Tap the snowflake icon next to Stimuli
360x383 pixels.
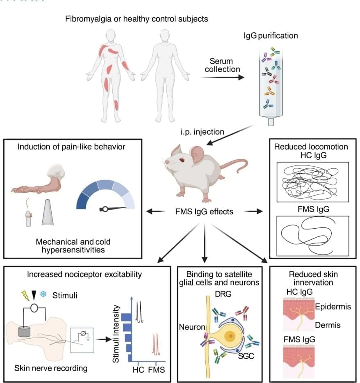click(x=43, y=294)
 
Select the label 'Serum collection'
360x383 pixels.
click(x=222, y=65)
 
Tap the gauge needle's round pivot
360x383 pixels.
click(x=105, y=209)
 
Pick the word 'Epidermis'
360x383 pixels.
click(x=333, y=307)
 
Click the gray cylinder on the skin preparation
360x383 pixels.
click(x=25, y=333)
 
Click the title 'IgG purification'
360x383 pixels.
click(x=271, y=36)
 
